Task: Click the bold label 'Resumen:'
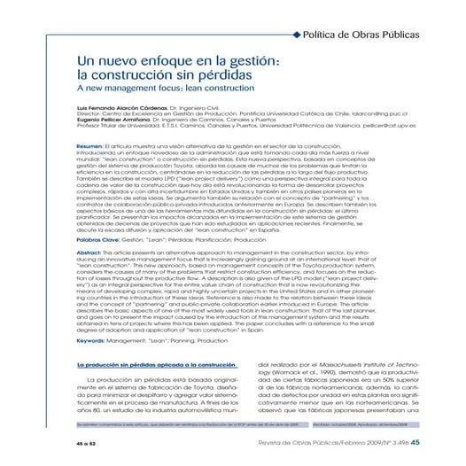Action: click(x=90, y=144)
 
